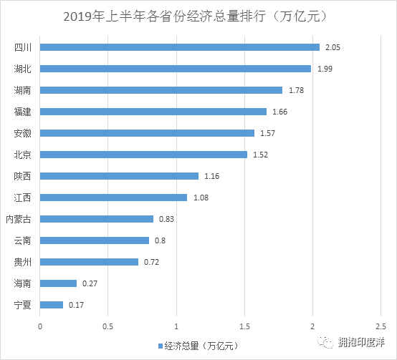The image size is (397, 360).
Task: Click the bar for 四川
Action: point(180,47)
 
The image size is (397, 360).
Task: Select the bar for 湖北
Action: point(176,69)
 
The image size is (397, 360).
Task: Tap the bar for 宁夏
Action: point(52,305)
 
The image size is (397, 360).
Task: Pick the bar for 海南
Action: point(59,283)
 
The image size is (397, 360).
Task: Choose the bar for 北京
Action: point(143,155)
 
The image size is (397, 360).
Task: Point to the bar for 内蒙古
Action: point(97,219)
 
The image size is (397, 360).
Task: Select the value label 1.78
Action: point(295,90)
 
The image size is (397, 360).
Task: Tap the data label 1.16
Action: point(211,176)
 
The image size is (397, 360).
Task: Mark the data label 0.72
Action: point(151,262)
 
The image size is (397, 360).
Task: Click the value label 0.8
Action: point(161,240)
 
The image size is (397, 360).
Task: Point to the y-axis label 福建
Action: point(23,112)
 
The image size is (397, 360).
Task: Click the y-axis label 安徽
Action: point(23,133)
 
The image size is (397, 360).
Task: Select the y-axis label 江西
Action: point(23,198)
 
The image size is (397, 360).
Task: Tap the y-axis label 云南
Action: point(23,240)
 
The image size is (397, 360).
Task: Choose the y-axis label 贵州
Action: point(23,262)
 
